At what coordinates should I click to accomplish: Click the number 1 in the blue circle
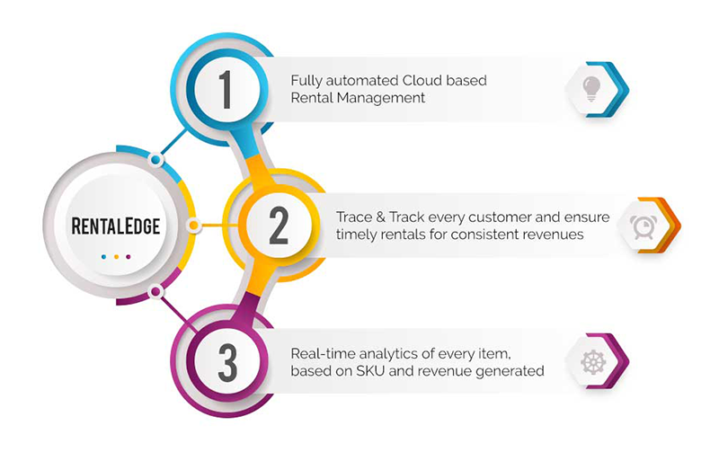226,89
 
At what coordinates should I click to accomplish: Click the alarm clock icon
642,226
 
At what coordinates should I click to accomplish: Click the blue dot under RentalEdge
104,257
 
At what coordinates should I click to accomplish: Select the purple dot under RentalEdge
129,257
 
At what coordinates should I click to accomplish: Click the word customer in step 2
484,217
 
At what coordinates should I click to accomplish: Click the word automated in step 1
358,81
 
